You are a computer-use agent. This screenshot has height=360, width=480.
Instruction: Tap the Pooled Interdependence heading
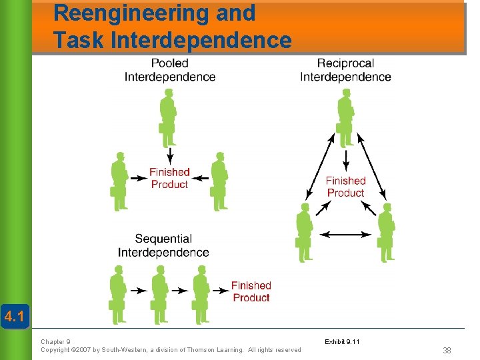click(x=170, y=70)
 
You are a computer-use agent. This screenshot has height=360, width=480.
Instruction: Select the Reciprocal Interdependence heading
click(x=345, y=70)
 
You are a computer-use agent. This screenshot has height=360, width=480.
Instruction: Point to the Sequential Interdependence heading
click(x=163, y=245)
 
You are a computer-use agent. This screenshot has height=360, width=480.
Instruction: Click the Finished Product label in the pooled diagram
click(x=169, y=178)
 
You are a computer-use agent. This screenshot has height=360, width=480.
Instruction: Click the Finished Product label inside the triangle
click(x=345, y=187)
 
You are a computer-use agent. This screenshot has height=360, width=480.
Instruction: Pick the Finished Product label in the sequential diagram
click(x=251, y=291)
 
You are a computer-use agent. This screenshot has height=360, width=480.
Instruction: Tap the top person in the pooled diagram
click(x=168, y=119)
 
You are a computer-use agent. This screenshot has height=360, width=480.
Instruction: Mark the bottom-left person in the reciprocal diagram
click(x=304, y=233)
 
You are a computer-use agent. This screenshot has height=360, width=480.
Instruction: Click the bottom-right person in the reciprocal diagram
click(x=387, y=233)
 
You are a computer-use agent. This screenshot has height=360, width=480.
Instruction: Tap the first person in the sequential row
click(x=118, y=293)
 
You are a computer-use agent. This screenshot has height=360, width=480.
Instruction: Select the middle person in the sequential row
click(x=159, y=293)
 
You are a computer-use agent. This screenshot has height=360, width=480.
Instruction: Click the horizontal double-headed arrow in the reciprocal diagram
click(x=345, y=234)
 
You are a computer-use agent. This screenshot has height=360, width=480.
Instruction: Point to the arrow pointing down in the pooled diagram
click(x=169, y=155)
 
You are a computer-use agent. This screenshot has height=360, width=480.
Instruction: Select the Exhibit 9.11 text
click(x=342, y=342)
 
